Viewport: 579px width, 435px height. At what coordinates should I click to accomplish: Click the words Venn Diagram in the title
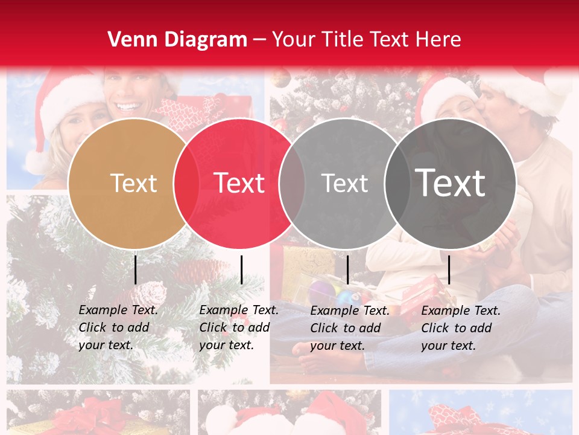click(177, 40)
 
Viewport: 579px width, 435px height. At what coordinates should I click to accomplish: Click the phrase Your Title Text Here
click(366, 40)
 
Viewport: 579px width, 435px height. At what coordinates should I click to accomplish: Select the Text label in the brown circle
click(134, 183)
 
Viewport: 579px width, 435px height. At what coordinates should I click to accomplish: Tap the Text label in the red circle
click(239, 183)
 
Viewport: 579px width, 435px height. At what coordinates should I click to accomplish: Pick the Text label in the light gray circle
click(344, 183)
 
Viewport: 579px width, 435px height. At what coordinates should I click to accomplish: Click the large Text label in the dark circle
click(451, 183)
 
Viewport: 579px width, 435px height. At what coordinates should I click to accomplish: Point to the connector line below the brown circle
click(135, 269)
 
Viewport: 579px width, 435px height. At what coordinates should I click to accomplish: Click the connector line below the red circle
click(241, 269)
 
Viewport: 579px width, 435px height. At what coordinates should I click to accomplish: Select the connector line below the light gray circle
click(347, 269)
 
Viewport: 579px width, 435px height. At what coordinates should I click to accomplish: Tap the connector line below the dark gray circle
click(449, 269)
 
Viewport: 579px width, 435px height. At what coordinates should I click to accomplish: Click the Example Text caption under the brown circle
click(118, 327)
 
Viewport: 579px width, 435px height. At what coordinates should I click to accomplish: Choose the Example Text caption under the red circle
click(239, 327)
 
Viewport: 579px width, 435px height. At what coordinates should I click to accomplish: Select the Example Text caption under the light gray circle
click(350, 328)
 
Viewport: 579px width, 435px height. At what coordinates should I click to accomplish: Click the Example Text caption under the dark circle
click(461, 328)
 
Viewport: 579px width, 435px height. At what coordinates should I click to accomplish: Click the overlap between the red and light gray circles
click(292, 183)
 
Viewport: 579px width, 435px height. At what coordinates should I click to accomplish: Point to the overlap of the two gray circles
click(397, 183)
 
